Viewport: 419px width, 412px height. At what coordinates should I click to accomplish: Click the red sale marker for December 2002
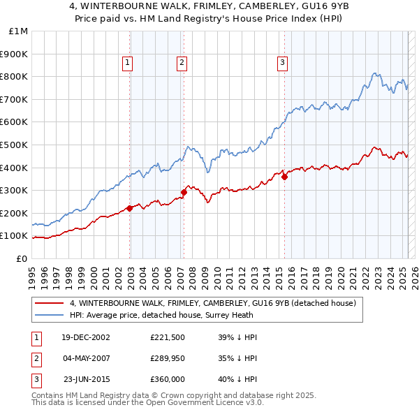pyautogui.click(x=130, y=208)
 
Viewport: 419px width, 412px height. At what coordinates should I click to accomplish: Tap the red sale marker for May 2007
pyautogui.click(x=184, y=192)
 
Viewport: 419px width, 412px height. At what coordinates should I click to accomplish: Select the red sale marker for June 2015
pyautogui.click(x=284, y=177)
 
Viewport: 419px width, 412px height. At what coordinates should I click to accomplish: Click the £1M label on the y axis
pyautogui.click(x=18, y=31)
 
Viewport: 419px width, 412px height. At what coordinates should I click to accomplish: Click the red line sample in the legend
pyautogui.click(x=49, y=304)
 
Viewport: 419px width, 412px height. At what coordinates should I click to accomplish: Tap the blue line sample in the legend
pyautogui.click(x=49, y=316)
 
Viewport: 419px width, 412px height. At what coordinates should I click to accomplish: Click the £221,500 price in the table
pyautogui.click(x=167, y=337)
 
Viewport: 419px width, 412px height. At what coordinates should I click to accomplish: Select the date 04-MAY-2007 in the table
pyautogui.click(x=84, y=358)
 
